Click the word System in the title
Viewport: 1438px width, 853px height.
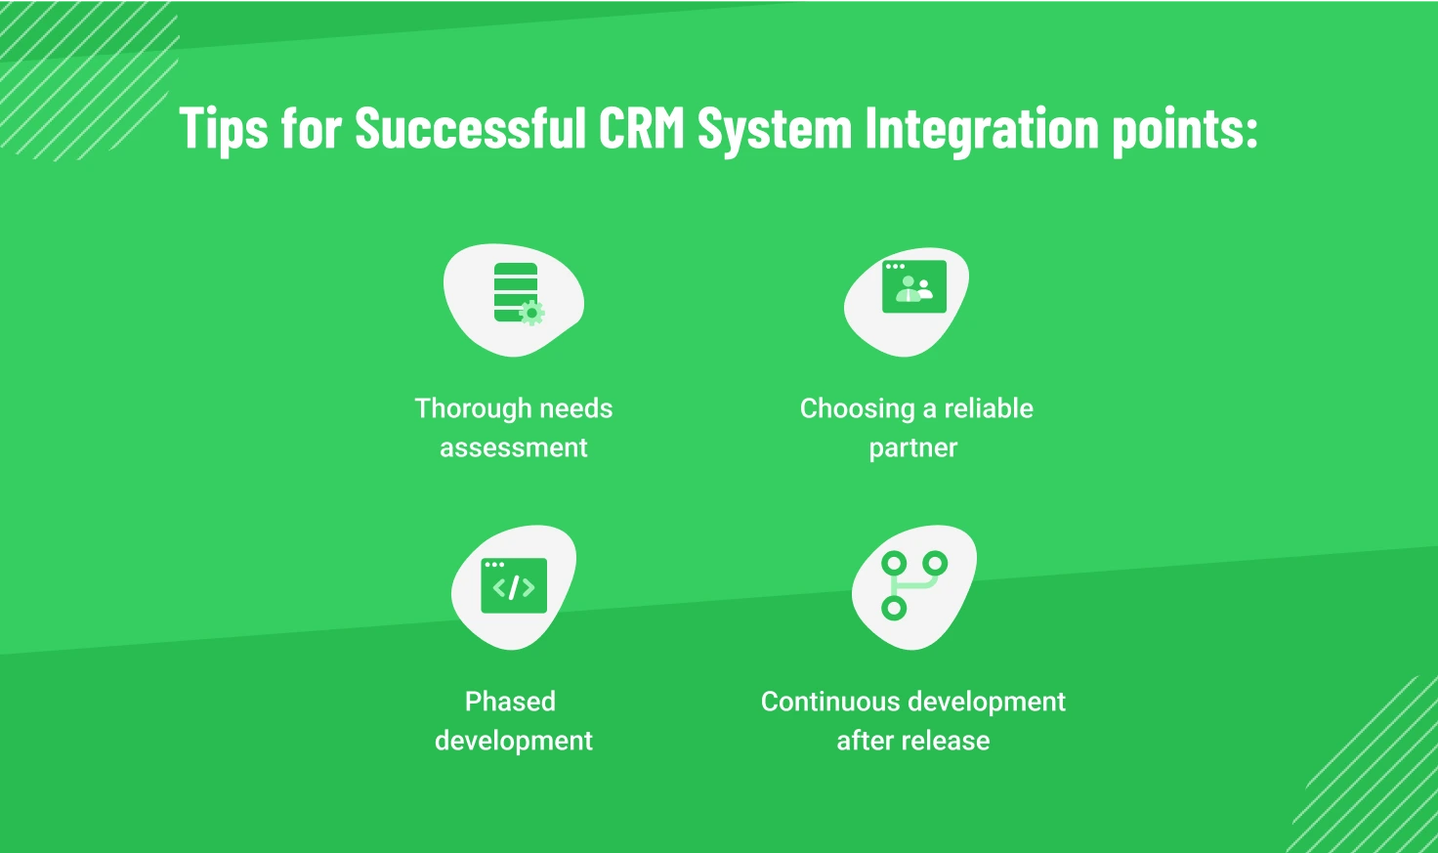pos(775,129)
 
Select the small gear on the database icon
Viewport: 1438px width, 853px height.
pos(531,313)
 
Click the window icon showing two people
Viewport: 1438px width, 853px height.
pos(913,286)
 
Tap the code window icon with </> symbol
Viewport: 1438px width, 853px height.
pos(514,585)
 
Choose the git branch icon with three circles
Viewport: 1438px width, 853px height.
pos(912,584)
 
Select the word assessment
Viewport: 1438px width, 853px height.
pos(514,448)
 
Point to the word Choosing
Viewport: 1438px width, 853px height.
pos(857,408)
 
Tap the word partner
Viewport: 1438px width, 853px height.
pos(913,448)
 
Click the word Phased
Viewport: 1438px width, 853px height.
pos(510,702)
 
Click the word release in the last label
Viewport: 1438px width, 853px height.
pos(945,741)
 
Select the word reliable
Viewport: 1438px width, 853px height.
pos(988,408)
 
